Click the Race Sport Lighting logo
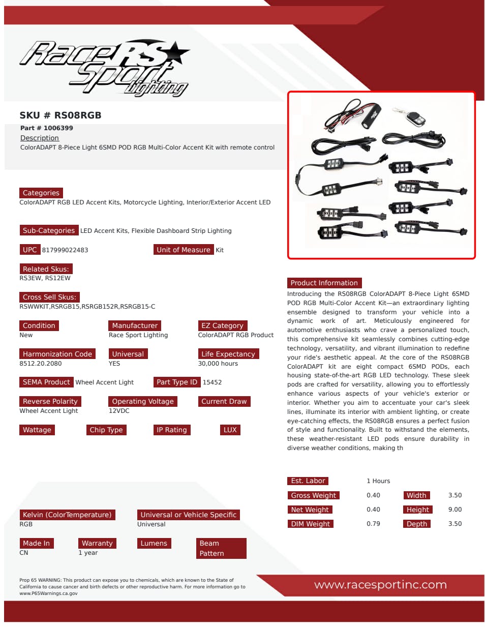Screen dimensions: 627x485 tap(104, 68)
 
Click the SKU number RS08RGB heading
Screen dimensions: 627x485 tap(60, 115)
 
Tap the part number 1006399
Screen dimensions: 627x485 tap(47, 128)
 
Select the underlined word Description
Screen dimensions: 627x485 tap(40, 138)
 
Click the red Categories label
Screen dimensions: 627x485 tap(41, 193)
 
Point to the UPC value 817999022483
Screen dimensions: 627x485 tap(65, 250)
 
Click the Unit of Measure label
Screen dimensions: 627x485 tap(183, 250)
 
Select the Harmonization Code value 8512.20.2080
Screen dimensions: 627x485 tap(41, 364)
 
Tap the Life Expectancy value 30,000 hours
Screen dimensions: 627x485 tap(218, 364)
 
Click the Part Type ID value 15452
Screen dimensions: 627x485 tap(212, 382)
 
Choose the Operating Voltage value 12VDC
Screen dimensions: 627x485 tap(119, 411)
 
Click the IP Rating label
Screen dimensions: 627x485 tap(172, 430)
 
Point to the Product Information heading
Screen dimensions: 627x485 tap(324, 283)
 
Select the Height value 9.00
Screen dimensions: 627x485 tap(455, 510)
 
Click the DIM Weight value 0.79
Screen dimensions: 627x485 tap(373, 524)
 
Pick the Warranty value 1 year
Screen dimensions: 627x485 tap(88, 553)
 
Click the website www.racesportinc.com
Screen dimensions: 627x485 tap(380, 585)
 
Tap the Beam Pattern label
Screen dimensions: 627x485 tap(221, 548)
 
